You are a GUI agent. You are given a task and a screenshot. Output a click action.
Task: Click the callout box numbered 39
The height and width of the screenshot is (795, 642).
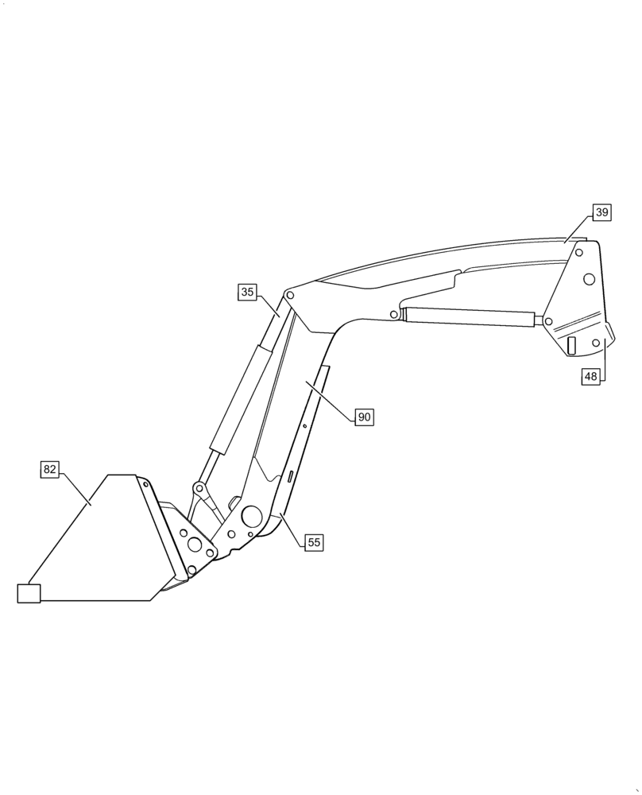602,212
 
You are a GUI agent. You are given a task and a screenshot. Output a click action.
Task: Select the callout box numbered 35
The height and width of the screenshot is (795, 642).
247,292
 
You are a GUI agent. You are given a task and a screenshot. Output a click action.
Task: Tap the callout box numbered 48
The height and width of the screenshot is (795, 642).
590,377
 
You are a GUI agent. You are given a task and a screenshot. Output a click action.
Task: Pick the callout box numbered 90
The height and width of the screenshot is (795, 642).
364,417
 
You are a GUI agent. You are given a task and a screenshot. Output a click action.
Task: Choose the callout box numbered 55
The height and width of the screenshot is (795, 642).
314,542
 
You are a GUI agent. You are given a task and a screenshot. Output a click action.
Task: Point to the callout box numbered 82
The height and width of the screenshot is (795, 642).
50,469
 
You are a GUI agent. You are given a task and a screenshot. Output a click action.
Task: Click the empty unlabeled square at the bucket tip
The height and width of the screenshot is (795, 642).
29,592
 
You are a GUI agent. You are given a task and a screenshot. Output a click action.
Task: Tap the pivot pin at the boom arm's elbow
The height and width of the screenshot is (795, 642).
290,296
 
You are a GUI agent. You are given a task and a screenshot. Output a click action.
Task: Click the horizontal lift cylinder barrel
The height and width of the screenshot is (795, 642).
469,316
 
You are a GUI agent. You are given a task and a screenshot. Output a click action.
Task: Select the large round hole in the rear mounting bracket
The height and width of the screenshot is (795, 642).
590,279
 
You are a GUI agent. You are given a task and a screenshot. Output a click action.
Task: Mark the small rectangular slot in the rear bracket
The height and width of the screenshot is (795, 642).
570,345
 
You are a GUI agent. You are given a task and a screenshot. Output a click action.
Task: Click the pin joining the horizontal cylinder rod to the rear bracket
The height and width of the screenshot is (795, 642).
548,320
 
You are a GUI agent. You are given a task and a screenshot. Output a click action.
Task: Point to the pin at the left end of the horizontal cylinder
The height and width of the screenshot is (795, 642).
394,315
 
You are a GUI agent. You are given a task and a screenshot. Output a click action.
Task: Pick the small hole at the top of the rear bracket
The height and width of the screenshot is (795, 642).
579,252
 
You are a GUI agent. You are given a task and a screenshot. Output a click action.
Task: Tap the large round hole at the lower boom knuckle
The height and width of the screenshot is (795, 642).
252,518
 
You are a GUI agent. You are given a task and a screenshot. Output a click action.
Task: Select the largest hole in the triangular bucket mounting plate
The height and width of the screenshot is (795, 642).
195,544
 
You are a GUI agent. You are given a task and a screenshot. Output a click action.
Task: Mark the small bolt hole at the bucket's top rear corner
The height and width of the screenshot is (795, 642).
146,484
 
